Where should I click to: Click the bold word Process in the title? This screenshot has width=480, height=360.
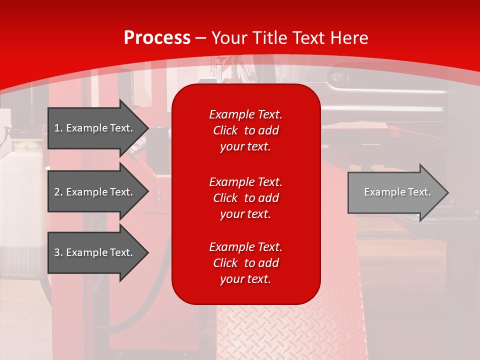(157, 37)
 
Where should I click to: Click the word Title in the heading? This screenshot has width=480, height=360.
(270, 37)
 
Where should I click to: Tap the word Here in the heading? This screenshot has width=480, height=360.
(349, 37)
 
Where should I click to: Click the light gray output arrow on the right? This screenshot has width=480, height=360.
(395, 192)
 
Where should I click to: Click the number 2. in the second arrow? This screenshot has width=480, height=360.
(58, 192)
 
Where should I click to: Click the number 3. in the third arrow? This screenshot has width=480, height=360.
(58, 252)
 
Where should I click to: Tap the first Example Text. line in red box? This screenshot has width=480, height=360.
(245, 114)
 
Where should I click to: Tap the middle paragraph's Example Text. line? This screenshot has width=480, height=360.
(245, 181)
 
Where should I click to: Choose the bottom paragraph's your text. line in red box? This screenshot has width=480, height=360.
(245, 279)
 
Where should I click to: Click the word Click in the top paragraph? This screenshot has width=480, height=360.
(225, 130)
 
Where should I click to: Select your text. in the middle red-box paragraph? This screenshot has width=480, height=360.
(245, 214)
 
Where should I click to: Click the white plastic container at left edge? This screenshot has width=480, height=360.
(20, 200)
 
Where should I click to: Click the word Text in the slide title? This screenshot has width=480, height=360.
(307, 37)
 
